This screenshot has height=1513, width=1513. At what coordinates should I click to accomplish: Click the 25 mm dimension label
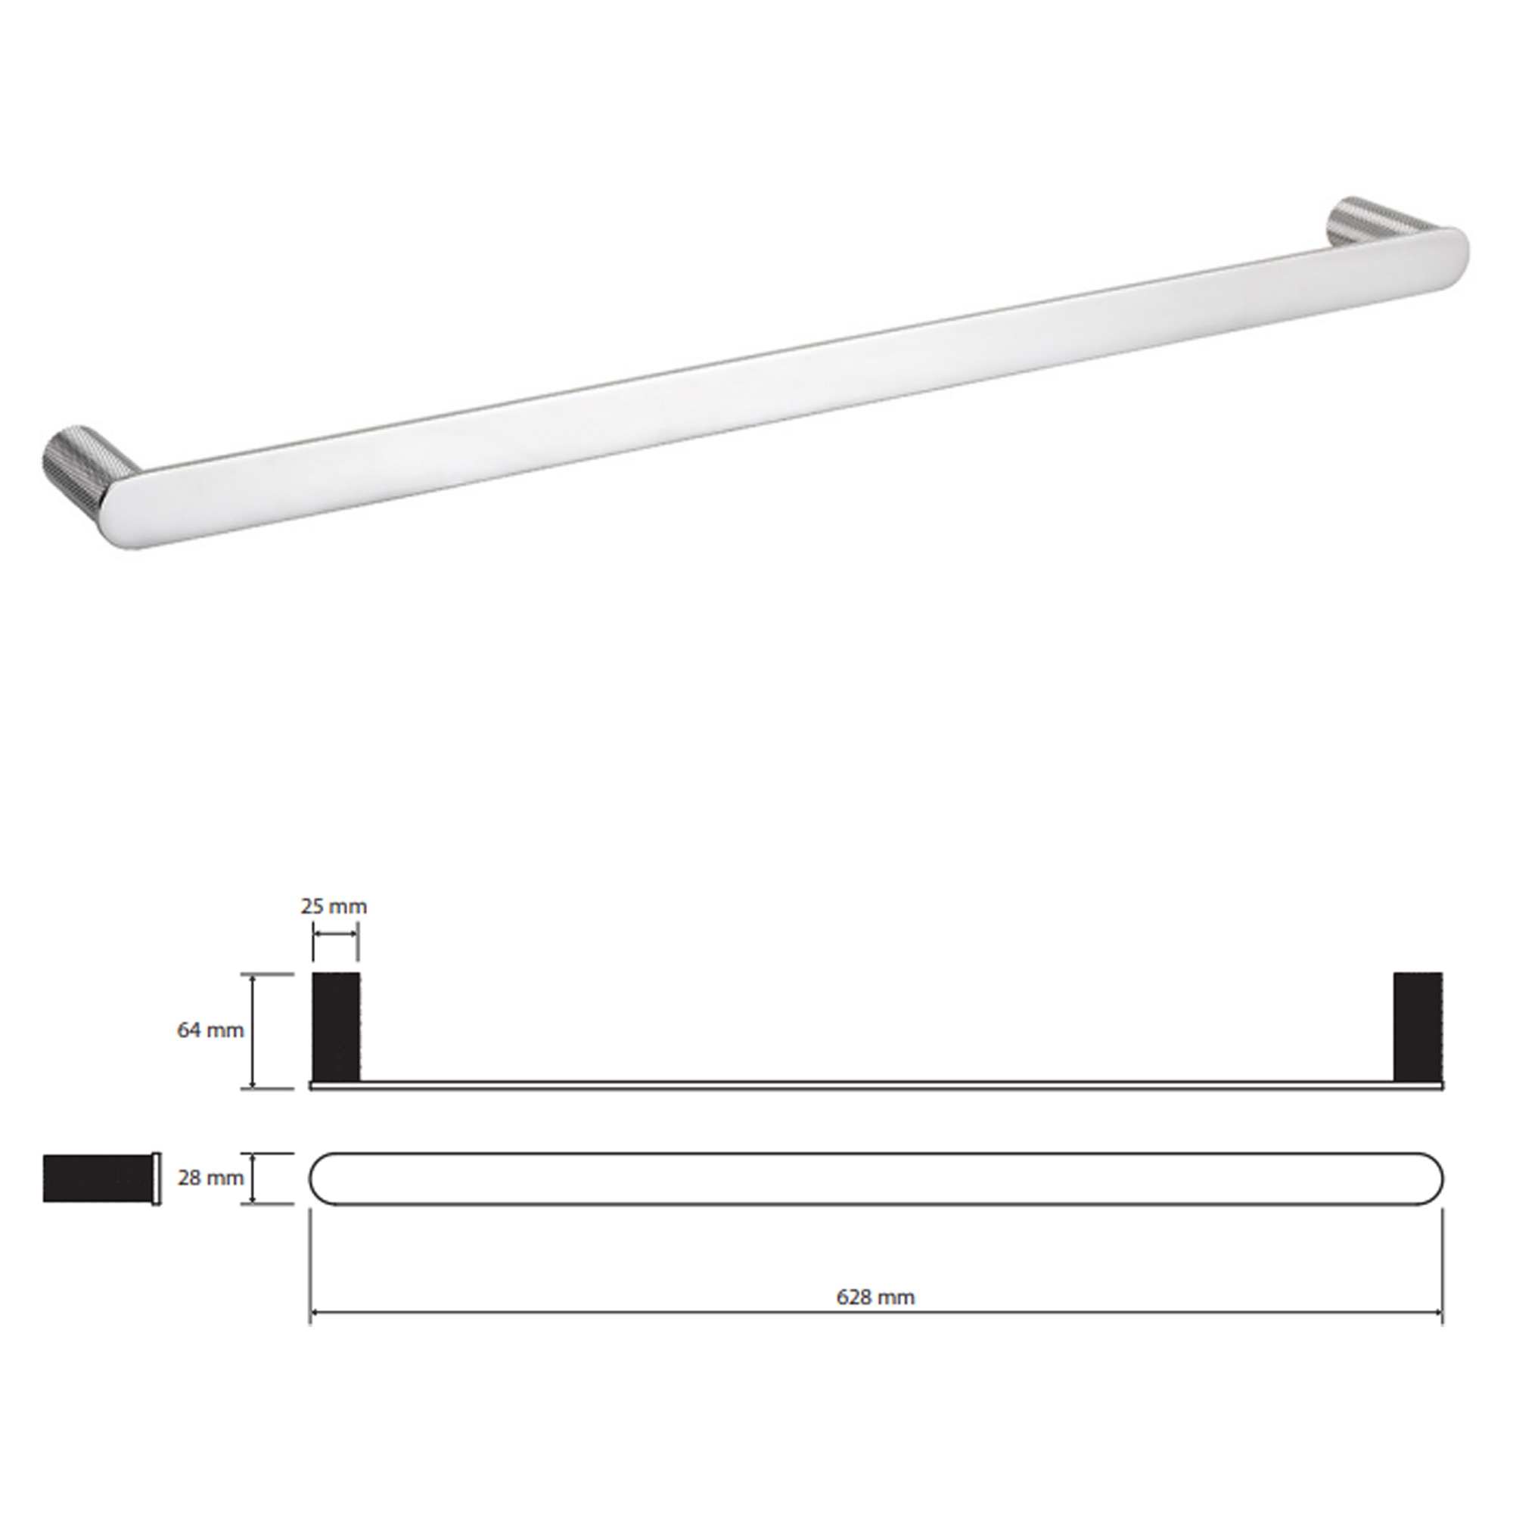334,907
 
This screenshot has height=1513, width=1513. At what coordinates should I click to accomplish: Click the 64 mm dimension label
210,1030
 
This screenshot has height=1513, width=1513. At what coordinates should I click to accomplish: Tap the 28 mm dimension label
210,1178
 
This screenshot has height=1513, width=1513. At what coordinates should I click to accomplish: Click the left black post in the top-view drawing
337,1027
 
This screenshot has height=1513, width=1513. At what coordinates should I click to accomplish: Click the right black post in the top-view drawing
1418,1027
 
